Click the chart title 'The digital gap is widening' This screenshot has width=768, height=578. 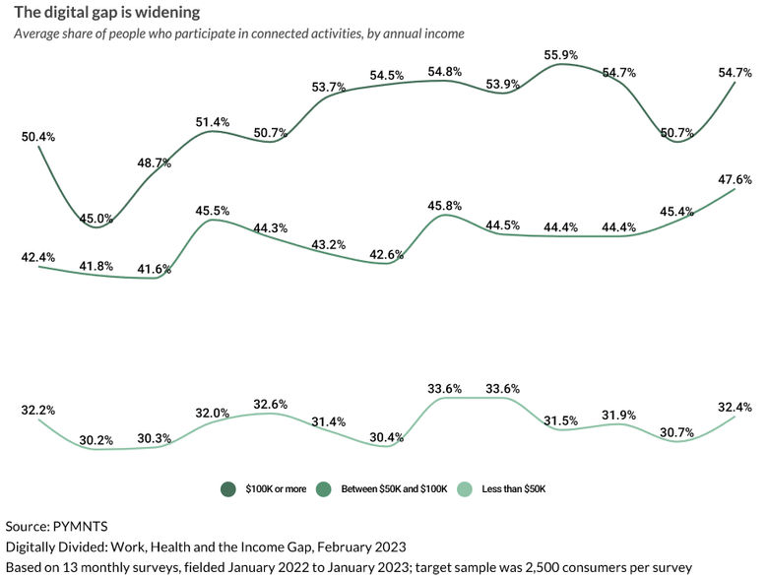tap(106, 13)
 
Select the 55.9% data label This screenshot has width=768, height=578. tap(561, 55)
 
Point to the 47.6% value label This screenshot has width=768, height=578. tap(736, 179)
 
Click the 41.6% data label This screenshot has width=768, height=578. tap(154, 269)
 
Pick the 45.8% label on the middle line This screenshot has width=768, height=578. tap(446, 206)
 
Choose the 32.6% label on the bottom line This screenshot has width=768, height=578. tap(272, 404)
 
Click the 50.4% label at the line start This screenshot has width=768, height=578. tap(37, 136)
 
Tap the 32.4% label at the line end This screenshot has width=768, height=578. tap(736, 406)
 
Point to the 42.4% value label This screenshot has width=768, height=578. tap(37, 257)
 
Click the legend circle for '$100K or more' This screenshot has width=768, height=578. tap(227, 488)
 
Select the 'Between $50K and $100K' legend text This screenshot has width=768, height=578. tap(394, 488)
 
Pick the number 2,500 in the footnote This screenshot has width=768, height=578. tap(548, 567)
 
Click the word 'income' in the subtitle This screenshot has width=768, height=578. tap(442, 33)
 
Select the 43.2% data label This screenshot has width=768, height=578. tap(330, 244)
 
